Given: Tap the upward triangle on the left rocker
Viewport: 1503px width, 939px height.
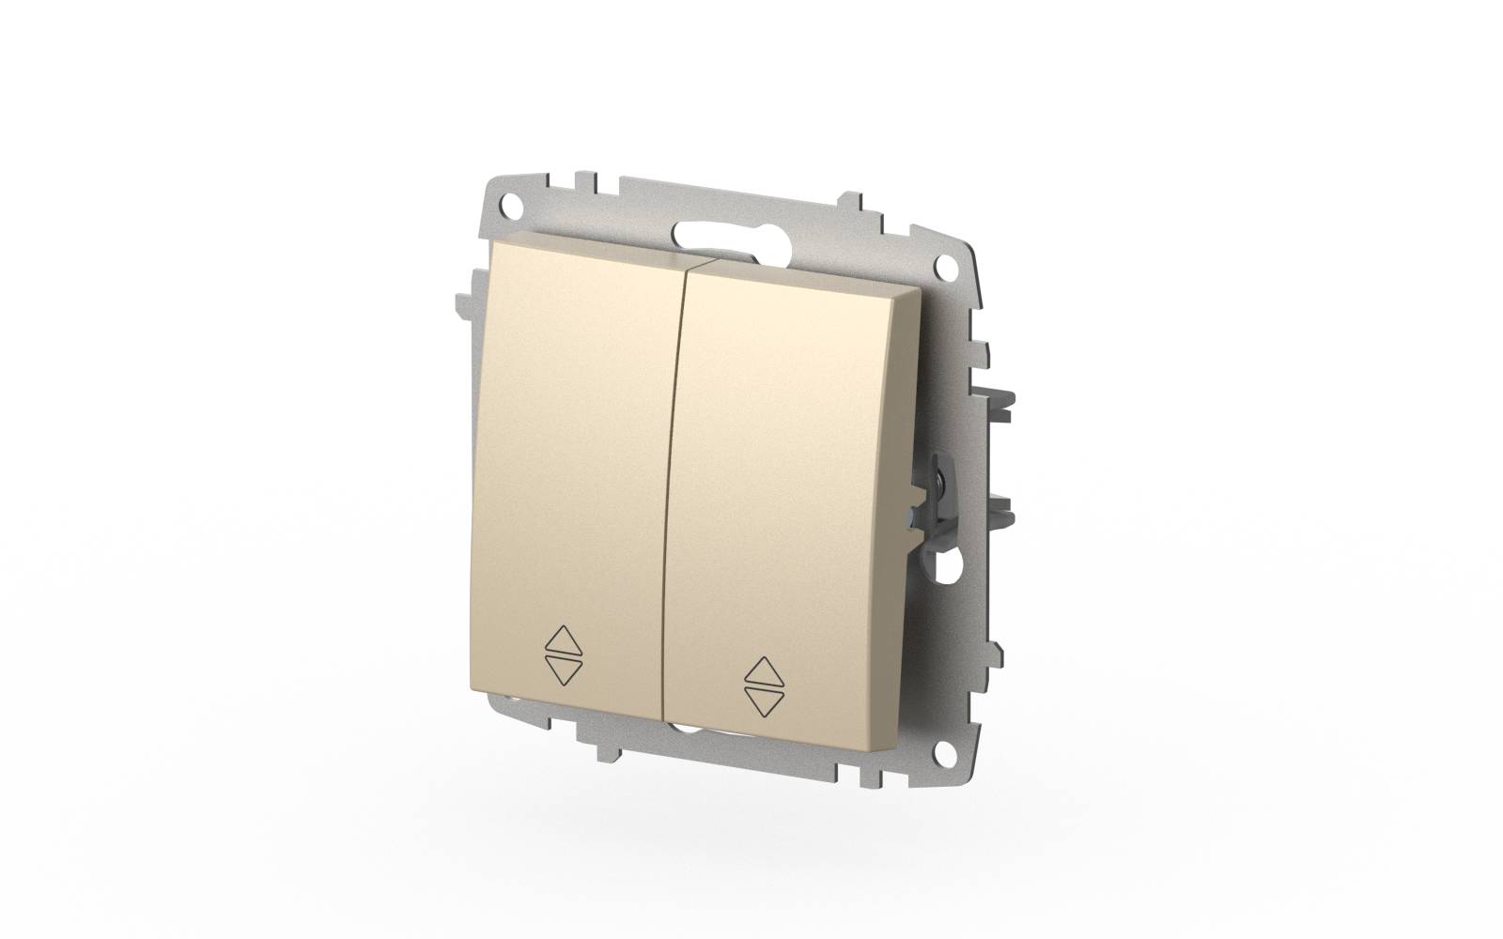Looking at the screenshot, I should point(564,643).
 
